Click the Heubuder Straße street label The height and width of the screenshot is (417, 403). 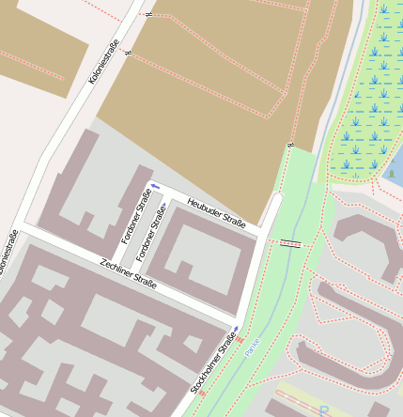coord(216,213)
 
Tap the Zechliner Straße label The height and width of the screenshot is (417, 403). coord(128,272)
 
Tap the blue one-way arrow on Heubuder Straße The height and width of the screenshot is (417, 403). coord(155,185)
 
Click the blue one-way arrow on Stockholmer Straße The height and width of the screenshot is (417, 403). coord(235,329)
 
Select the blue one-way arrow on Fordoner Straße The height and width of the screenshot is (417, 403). coord(163,206)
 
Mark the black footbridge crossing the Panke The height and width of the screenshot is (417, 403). coord(291,243)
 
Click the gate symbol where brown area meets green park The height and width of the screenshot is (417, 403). coord(291,146)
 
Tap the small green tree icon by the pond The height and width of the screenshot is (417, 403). coord(391,174)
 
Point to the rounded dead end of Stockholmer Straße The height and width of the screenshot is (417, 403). coord(275,200)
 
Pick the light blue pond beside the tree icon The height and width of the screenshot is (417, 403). coord(398,164)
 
